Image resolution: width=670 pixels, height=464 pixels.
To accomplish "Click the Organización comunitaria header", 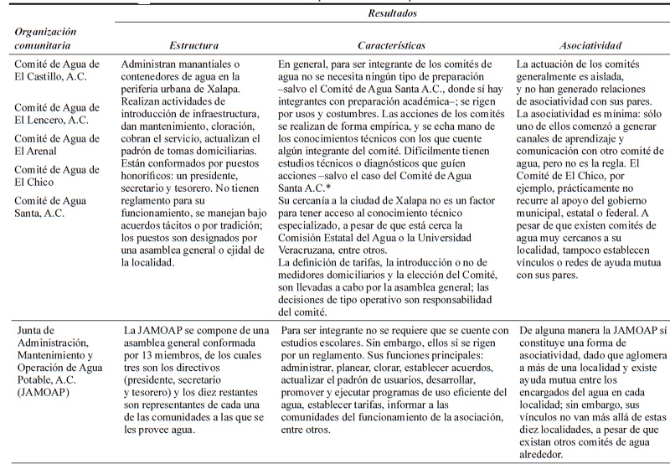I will pyautogui.click(x=48, y=39).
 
